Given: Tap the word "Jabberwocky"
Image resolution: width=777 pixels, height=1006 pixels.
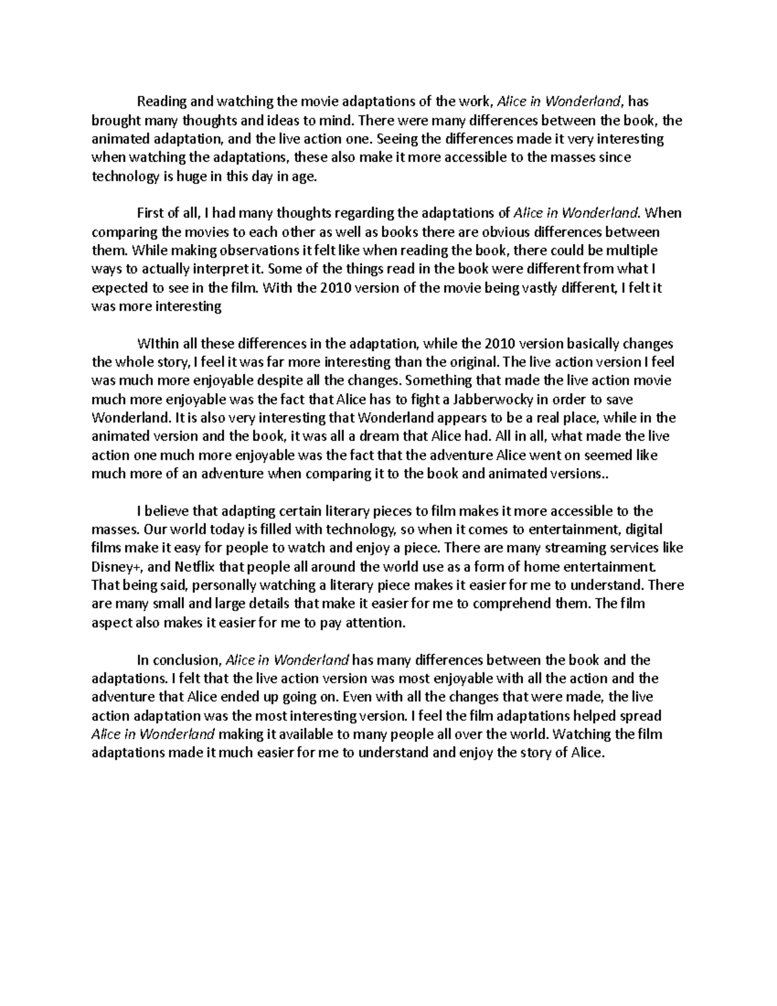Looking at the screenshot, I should [x=494, y=400].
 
